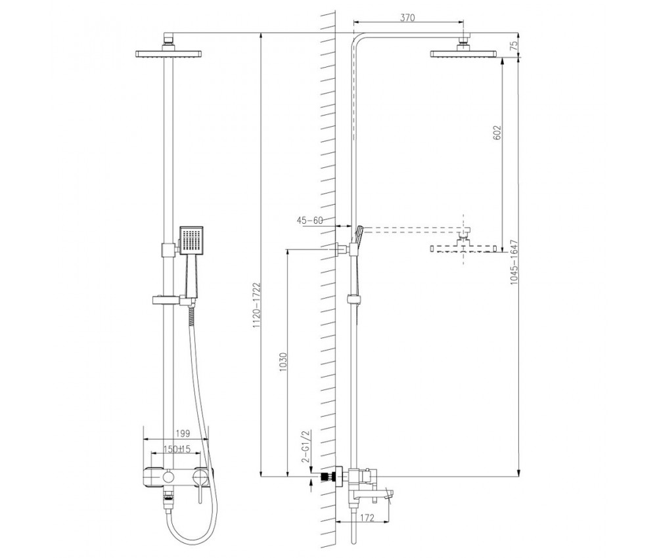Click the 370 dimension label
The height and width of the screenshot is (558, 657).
click(x=407, y=17)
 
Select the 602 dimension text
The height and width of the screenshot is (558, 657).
click(x=497, y=133)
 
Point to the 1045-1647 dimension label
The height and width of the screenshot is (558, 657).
click(x=514, y=263)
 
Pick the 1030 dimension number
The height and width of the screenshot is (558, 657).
click(x=283, y=363)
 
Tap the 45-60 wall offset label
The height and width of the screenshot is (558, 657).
click(x=310, y=220)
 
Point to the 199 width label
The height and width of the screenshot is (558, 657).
click(x=183, y=433)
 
